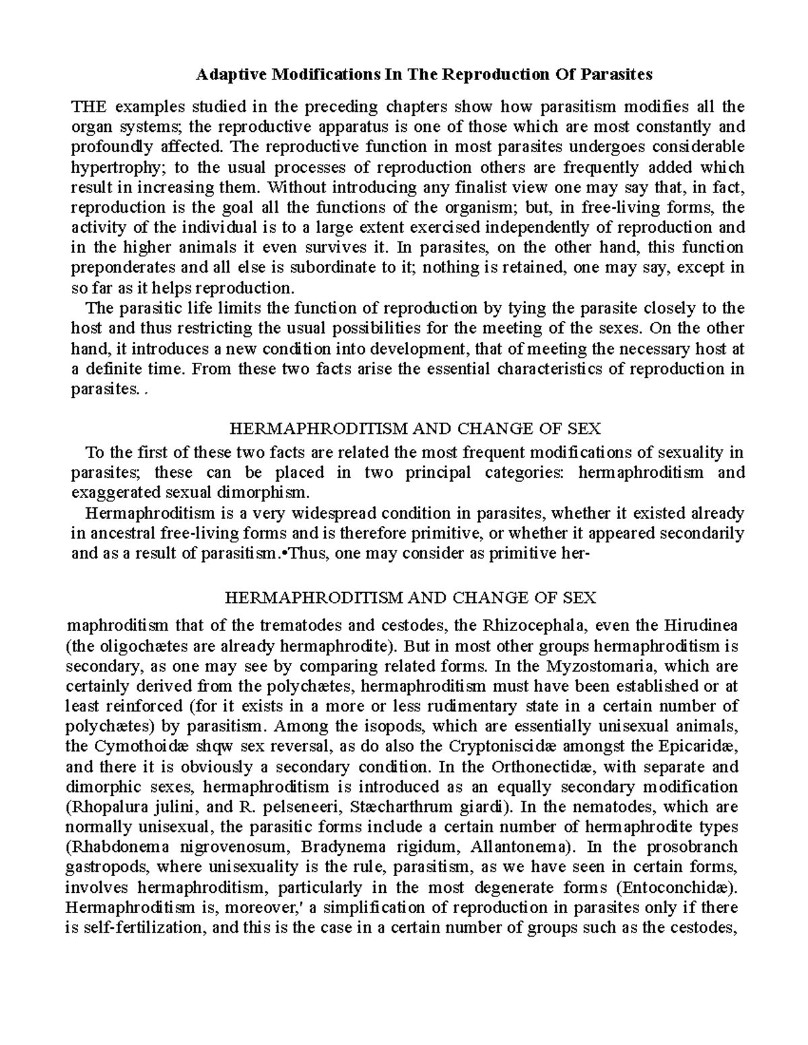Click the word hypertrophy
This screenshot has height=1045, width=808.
coord(108,167)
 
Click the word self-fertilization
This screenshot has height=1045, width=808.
coord(141,928)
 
